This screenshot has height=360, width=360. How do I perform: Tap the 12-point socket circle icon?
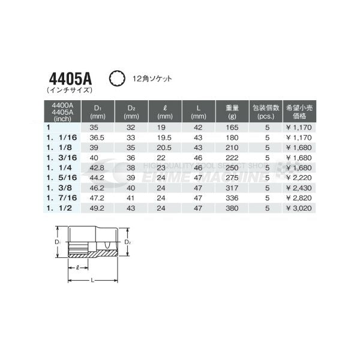(x=116, y=78)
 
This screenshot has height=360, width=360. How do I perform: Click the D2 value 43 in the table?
(x=131, y=206)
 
